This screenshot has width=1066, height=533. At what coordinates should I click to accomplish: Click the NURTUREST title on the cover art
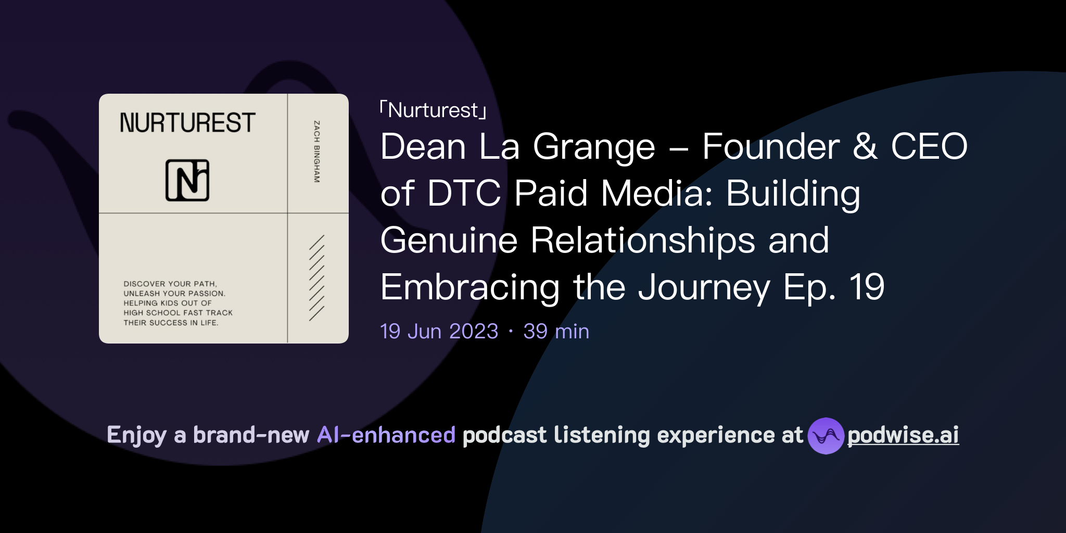tap(187, 123)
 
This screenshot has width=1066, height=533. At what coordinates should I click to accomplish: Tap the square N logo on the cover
tap(187, 180)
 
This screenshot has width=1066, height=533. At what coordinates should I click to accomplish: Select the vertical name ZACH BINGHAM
tap(316, 151)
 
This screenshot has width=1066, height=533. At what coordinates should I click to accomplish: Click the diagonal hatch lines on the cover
tap(316, 277)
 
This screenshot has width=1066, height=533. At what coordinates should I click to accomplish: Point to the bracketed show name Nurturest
tap(433, 110)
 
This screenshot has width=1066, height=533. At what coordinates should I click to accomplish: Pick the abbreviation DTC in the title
tap(464, 193)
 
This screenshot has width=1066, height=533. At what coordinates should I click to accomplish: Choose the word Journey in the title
tap(704, 288)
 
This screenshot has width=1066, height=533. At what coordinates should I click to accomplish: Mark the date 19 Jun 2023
tap(439, 332)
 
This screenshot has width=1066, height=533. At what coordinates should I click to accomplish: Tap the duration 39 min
tap(556, 332)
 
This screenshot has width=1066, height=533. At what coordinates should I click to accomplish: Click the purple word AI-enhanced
tap(386, 435)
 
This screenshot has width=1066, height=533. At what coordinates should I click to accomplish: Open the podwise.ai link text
tap(903, 435)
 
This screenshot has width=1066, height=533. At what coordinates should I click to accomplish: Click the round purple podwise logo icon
tap(826, 436)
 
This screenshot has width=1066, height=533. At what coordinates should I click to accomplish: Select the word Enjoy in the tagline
tap(137, 435)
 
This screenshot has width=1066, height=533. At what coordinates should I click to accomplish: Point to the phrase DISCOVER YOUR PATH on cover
tap(170, 284)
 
